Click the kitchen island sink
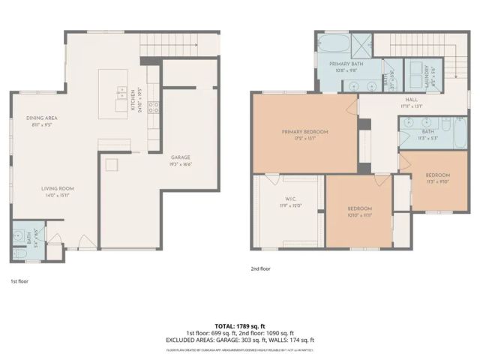coord(121,93)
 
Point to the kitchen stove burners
coord(153,106)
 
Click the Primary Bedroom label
coord(304,134)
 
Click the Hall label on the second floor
coord(412,101)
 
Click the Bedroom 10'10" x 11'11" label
coord(359,210)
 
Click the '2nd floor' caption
coord(262,268)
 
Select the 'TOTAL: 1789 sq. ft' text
coord(239,327)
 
